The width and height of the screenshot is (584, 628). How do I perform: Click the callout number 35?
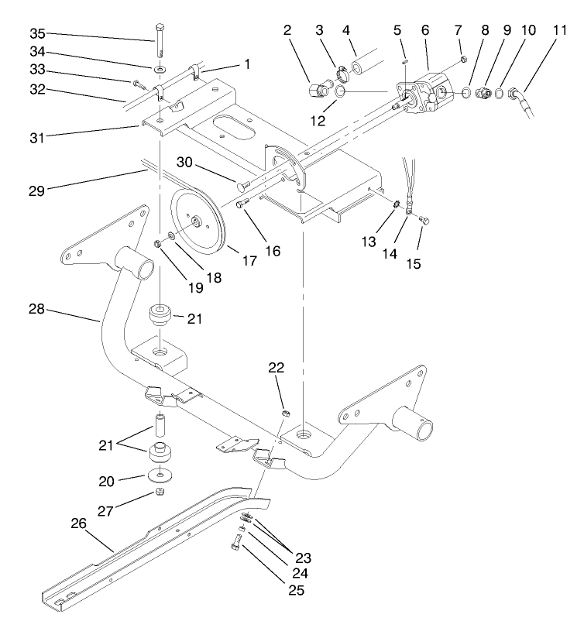coord(38,33)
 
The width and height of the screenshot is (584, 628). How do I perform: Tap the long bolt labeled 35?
coord(159,39)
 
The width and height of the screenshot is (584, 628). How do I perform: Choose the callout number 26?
coord(78,523)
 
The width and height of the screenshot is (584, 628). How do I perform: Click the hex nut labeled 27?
coord(158,492)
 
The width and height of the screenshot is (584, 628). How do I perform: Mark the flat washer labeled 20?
coord(158,473)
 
